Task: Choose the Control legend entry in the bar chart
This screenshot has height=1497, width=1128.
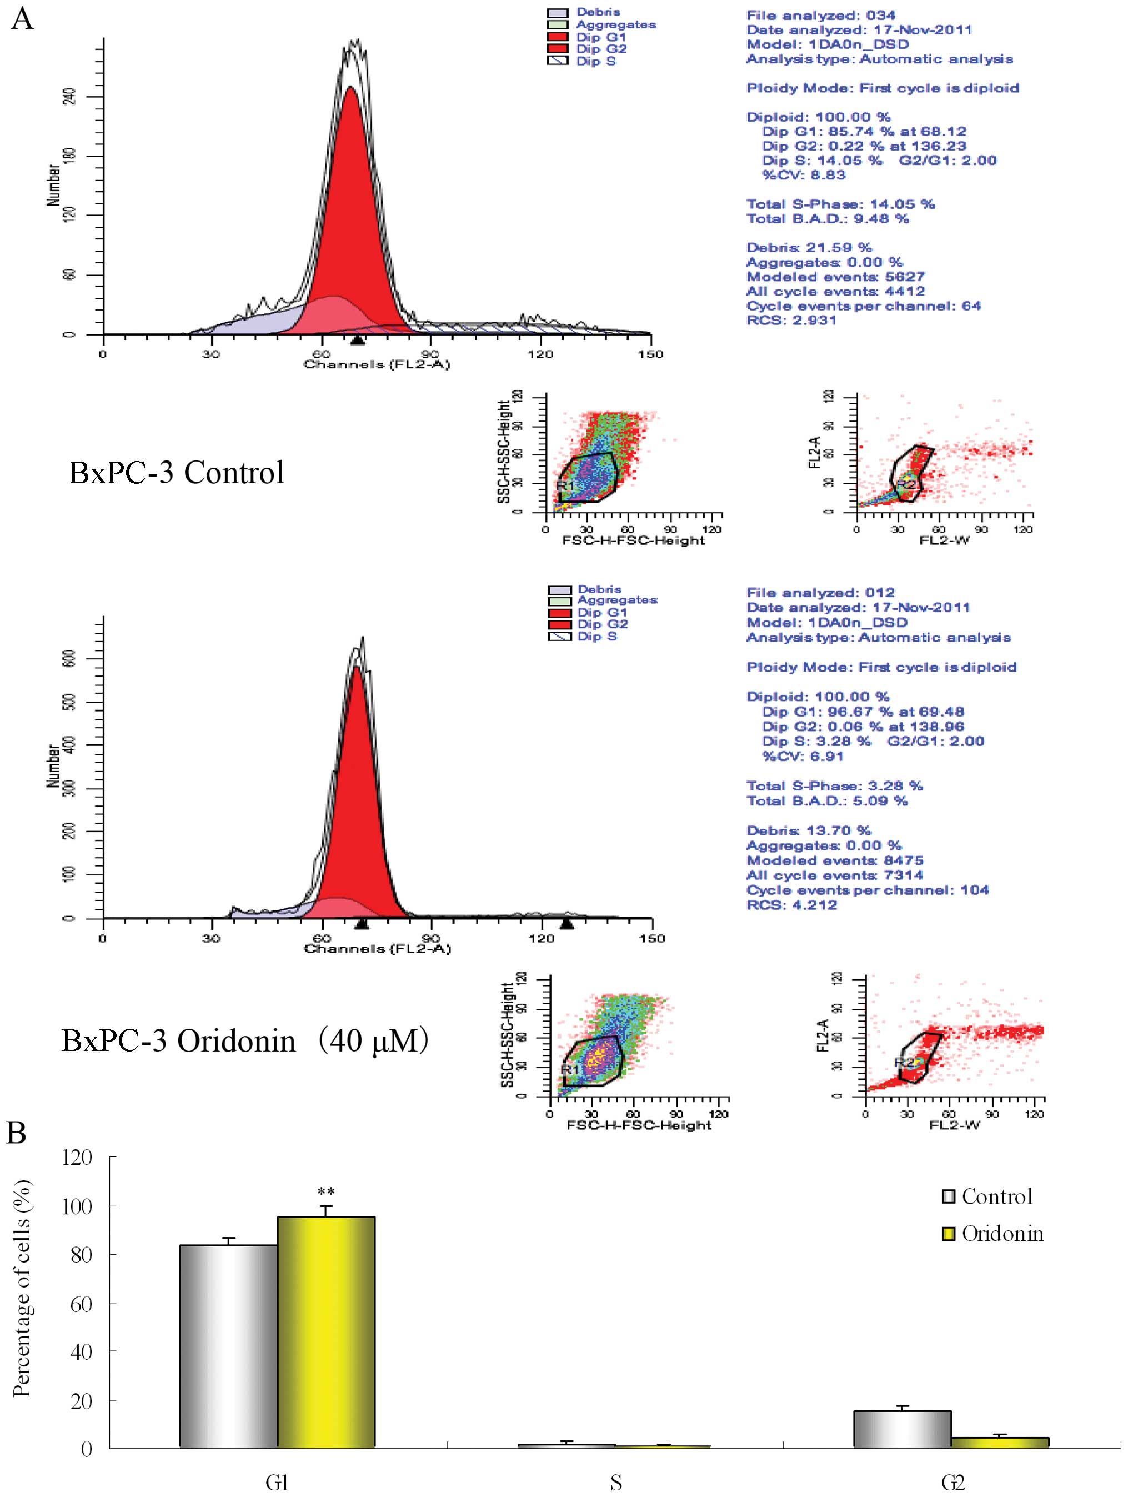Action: (987, 1196)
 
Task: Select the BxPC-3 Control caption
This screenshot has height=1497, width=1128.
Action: (176, 472)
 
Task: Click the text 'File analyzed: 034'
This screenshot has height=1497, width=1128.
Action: (820, 15)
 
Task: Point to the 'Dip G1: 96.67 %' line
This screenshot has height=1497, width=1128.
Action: (862, 711)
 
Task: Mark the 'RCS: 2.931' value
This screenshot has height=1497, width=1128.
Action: (791, 320)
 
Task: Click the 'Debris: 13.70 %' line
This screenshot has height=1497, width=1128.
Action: (808, 830)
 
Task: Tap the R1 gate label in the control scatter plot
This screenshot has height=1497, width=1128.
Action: (565, 485)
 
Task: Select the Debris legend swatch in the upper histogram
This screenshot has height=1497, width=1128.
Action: (558, 12)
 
